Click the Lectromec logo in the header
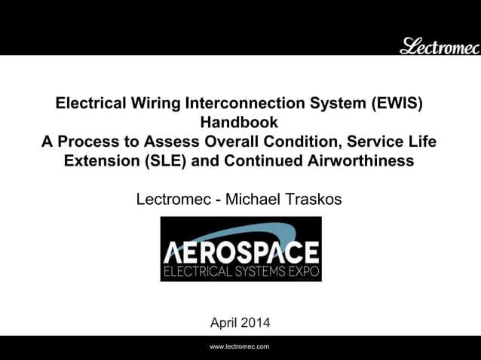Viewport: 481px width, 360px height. pyautogui.click(x=439, y=46)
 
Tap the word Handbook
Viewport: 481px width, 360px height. pyautogui.click(x=239, y=123)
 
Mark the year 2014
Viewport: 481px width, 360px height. pyautogui.click(x=254, y=323)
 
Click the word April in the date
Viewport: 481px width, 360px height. pyautogui.click(x=223, y=323)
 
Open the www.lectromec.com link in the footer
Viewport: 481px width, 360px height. pyautogui.click(x=240, y=346)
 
